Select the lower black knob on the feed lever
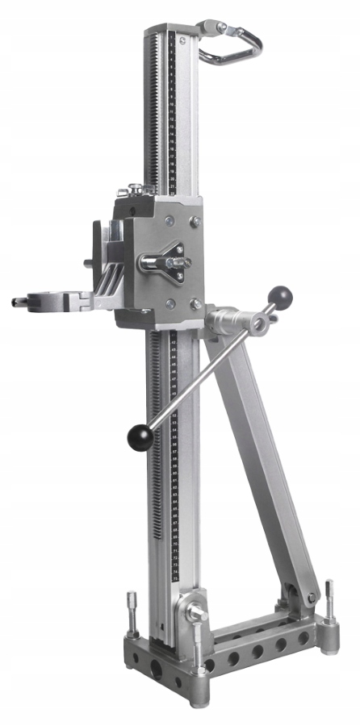coord(140,437)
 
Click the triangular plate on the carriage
coord(174,262)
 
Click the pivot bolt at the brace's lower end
coord(311,598)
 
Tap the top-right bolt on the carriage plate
coord(194,219)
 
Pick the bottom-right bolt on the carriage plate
coord(195,304)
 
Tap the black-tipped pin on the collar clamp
coord(16,302)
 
